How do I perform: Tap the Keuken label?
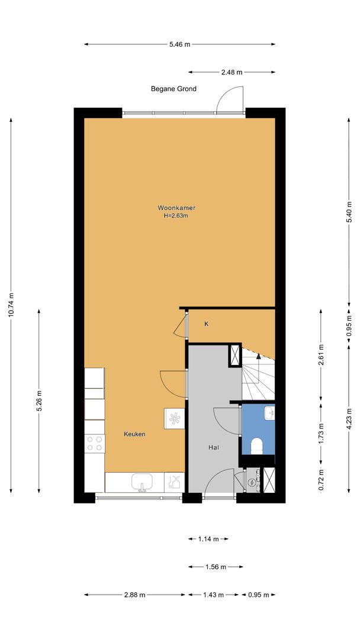pyautogui.click(x=134, y=434)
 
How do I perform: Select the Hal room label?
pyautogui.click(x=214, y=447)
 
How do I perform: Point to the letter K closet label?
pyautogui.click(x=207, y=324)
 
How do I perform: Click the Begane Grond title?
pyautogui.click(x=173, y=88)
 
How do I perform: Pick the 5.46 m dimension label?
pyautogui.click(x=180, y=44)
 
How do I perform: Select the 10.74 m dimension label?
pyautogui.click(x=11, y=305)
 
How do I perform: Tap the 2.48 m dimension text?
pyautogui.click(x=232, y=72)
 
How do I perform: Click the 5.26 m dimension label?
pyautogui.click(x=39, y=401)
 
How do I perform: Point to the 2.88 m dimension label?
pyautogui.click(x=134, y=595)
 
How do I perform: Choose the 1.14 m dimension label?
pyautogui.click(x=208, y=539)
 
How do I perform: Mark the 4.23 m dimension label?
pyautogui.click(x=349, y=418)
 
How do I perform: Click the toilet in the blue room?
pyautogui.click(x=257, y=446)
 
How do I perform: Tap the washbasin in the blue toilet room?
pyautogui.click(x=269, y=413)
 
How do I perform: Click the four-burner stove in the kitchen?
pyautogui.click(x=95, y=443)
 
